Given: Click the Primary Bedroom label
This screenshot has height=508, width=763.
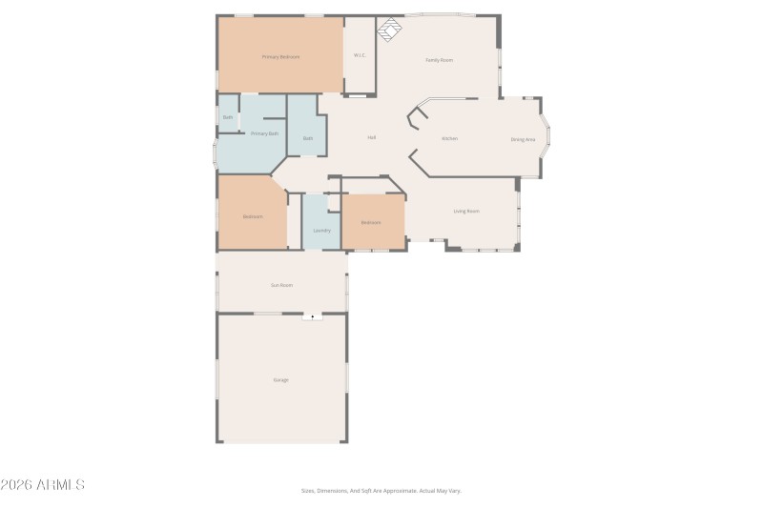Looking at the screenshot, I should click(280, 57).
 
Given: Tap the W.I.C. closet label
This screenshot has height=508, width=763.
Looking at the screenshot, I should click(360, 55).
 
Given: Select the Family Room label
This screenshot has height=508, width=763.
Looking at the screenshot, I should click(439, 60).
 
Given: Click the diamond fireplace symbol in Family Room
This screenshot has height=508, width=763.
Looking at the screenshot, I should click(389, 31).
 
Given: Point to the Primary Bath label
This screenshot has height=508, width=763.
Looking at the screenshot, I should click(264, 133).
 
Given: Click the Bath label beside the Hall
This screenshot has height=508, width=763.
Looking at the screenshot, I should click(308, 138).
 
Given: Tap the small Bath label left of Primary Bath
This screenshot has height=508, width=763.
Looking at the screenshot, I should click(228, 117).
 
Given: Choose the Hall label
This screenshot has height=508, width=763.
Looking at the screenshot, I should click(371, 137).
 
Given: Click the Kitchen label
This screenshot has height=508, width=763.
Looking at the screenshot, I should click(449, 138).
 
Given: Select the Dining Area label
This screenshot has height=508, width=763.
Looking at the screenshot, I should click(523, 139).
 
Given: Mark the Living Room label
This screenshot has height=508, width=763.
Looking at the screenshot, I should click(466, 211).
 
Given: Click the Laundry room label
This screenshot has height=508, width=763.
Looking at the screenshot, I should click(321, 230).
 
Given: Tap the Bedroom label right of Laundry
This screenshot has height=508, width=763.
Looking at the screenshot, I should click(371, 222).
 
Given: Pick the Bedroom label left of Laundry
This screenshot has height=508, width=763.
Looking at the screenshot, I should click(253, 216).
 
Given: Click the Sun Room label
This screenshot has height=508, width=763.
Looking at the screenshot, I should click(281, 284).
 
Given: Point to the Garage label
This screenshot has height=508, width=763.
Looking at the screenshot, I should click(281, 379).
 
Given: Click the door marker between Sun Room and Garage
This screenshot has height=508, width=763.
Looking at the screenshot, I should click(313, 316).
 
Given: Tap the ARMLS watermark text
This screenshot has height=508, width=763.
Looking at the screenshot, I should click(43, 485).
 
